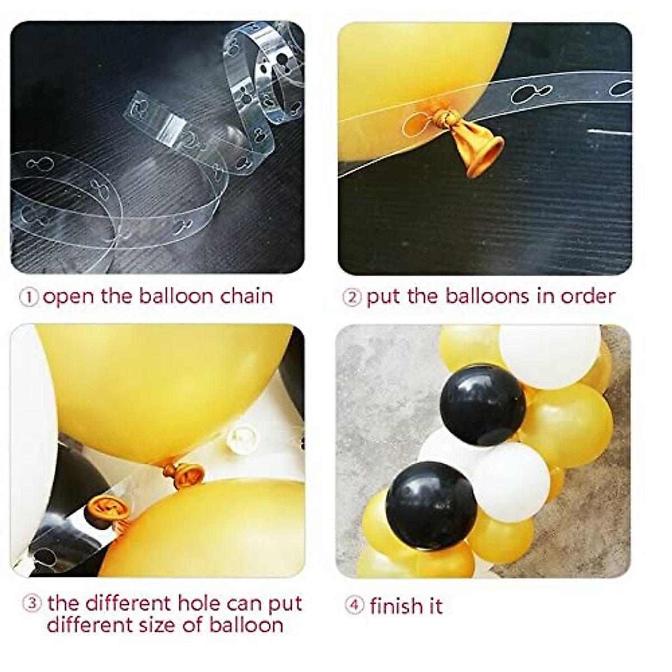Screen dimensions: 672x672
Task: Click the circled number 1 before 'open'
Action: pyautogui.click(x=29, y=297)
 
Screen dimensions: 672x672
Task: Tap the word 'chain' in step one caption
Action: pyautogui.click(x=246, y=296)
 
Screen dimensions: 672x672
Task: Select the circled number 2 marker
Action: pyautogui.click(x=352, y=297)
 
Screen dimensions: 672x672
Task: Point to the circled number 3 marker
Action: pyautogui.click(x=32, y=604)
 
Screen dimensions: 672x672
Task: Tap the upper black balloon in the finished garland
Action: pyautogui.click(x=483, y=404)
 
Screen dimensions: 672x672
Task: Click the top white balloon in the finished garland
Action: pyautogui.click(x=549, y=356)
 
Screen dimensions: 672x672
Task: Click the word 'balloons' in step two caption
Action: pyautogui.click(x=488, y=296)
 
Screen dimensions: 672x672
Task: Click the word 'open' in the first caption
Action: pyautogui.click(x=68, y=297)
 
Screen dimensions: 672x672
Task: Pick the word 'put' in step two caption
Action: pyautogui.click(x=384, y=297)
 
